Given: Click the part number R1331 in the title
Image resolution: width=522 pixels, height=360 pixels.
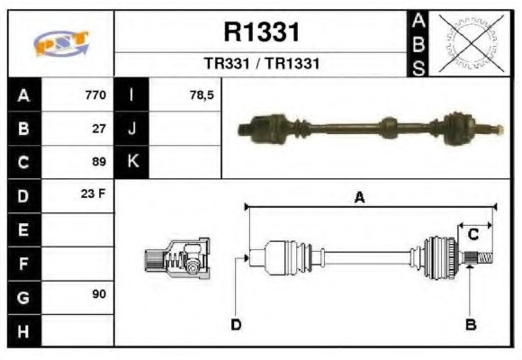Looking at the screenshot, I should tap(261, 31).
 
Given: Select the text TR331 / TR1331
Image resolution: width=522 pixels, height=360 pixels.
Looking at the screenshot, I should tap(261, 65).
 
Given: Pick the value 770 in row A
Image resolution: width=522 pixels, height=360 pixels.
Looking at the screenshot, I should tap(95, 95).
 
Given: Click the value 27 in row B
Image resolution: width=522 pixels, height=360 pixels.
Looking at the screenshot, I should tap(100, 129).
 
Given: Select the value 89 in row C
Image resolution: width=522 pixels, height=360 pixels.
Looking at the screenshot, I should tap(100, 162).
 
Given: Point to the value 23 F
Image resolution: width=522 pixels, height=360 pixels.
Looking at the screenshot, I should tap(95, 195).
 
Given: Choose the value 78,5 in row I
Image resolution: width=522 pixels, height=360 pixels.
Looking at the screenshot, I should tap(202, 95).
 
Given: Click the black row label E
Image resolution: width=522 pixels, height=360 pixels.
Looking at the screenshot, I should tap(23, 229).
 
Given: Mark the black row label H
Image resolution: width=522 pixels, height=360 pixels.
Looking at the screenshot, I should tap(23, 330).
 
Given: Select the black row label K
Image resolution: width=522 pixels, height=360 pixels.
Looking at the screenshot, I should tap(132, 162).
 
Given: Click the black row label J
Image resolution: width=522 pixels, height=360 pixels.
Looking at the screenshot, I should tap(132, 129).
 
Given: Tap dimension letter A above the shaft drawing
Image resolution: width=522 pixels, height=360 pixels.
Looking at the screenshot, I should tap(359, 199).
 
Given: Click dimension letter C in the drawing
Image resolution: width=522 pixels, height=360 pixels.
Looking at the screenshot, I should tap(472, 235).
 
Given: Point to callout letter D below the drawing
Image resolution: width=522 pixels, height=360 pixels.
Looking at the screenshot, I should tap(236, 324).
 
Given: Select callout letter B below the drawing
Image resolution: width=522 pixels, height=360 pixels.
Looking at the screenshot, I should tap(470, 324).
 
